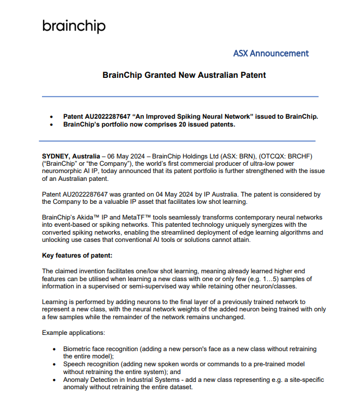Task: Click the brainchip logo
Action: click(74, 26)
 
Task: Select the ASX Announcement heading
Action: click(271, 54)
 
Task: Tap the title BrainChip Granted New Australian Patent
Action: click(184, 75)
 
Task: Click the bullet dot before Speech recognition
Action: click(54, 364)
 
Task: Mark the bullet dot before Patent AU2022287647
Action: click(52, 116)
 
